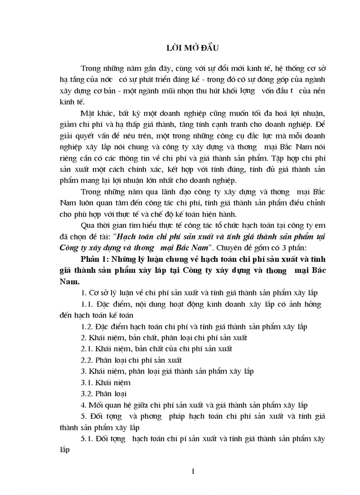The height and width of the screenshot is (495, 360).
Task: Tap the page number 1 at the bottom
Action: (194, 471)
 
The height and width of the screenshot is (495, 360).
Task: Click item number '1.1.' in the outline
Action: (88, 305)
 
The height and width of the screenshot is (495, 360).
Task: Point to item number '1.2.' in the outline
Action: (88, 327)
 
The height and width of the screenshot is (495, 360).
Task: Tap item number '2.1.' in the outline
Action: (88, 349)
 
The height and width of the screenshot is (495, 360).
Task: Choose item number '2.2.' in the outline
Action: (88, 360)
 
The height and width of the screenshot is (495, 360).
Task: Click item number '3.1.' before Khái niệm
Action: (88, 382)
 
